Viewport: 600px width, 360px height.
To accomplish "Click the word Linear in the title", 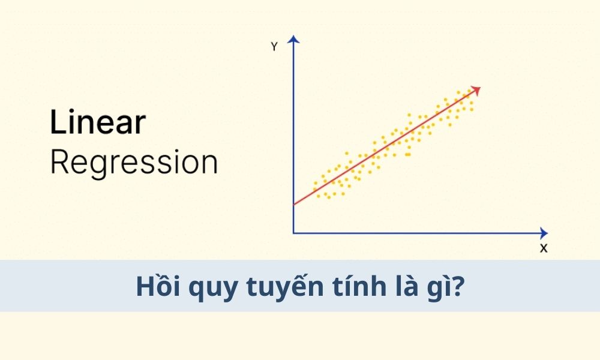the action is (98, 122).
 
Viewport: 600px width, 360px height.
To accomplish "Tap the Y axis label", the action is (274, 47).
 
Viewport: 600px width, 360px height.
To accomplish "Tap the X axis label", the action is (544, 248).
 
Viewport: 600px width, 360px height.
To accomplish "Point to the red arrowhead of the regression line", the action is (476, 90).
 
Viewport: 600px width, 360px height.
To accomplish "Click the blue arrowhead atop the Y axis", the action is (293, 39).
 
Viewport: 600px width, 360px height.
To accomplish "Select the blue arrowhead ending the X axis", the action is (544, 233).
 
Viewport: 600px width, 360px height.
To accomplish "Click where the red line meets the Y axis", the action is (293, 205).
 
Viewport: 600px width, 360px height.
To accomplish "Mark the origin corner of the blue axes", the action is (293, 233).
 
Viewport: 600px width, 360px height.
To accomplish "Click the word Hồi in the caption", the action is (158, 285).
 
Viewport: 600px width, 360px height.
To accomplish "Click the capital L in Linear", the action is (58, 122).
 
